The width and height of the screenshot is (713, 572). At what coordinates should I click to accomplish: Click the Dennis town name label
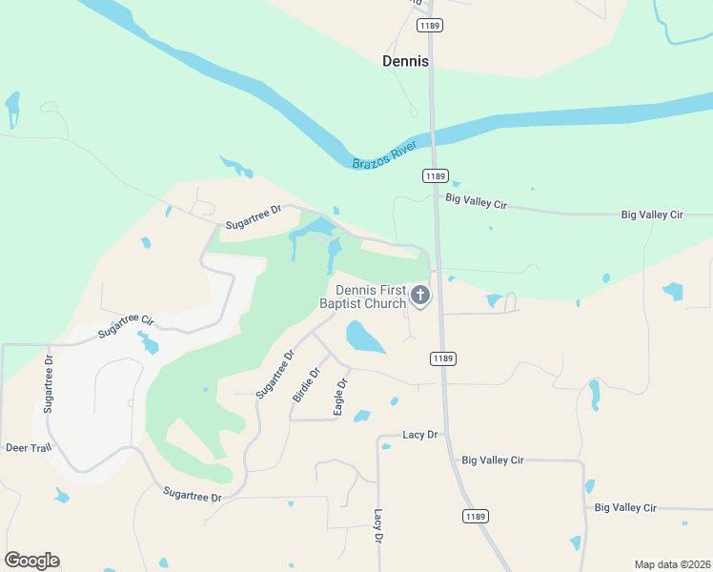[x=405, y=61]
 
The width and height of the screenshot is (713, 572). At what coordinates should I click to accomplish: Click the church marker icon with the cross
[x=420, y=296]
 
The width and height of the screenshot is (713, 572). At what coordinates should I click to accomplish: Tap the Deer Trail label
[x=28, y=447]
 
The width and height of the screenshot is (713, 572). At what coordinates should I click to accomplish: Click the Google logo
[x=31, y=561]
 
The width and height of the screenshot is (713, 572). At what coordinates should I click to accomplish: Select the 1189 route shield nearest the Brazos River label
[x=435, y=175]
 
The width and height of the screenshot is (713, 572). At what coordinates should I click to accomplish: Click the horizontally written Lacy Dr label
[x=419, y=435]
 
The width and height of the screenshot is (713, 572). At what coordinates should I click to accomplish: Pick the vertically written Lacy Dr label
[x=378, y=525]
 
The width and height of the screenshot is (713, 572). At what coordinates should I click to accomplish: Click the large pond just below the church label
[x=364, y=337]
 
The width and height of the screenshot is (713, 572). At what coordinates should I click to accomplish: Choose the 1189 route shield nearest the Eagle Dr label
[x=441, y=358]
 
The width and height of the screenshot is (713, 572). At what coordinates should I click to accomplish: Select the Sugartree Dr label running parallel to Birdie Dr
[x=277, y=374]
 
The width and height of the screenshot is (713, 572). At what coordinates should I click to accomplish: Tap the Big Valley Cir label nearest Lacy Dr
[x=492, y=460]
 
